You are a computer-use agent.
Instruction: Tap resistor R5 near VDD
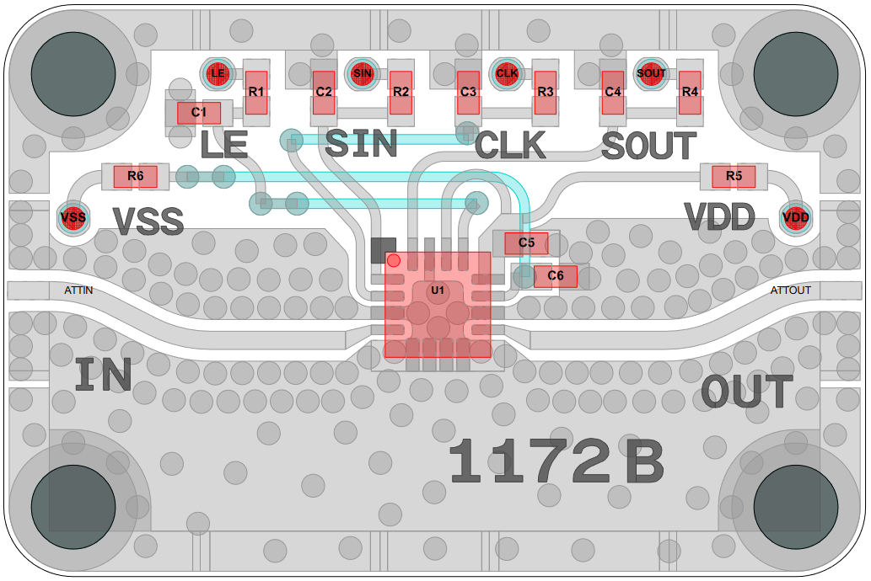pyautogui.click(x=734, y=176)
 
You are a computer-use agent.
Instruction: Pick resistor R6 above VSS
pyautogui.click(x=135, y=176)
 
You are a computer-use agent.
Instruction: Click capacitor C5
pyautogui.click(x=526, y=243)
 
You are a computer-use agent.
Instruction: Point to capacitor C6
pyautogui.click(x=555, y=275)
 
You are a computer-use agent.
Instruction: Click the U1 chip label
pyautogui.click(x=437, y=290)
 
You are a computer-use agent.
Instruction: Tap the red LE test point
pyautogui.click(x=218, y=73)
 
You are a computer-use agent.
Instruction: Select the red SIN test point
pyautogui.click(x=363, y=73)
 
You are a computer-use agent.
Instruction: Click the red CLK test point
pyautogui.click(x=507, y=73)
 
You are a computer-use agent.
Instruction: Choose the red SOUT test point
pyautogui.click(x=651, y=73)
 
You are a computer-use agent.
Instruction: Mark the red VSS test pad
pyautogui.click(x=73, y=218)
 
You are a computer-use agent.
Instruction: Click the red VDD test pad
pyautogui.click(x=795, y=218)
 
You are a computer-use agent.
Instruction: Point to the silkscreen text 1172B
pyautogui.click(x=556, y=462)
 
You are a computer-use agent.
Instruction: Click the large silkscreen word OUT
pyautogui.click(x=747, y=392)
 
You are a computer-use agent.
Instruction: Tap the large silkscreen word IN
pyautogui.click(x=103, y=376)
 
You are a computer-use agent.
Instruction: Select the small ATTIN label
pyautogui.click(x=78, y=290)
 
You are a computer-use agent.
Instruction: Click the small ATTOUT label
pyautogui.click(x=791, y=290)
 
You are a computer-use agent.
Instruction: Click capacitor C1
pyautogui.click(x=199, y=112)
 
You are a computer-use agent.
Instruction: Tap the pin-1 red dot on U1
pyautogui.click(x=394, y=259)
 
